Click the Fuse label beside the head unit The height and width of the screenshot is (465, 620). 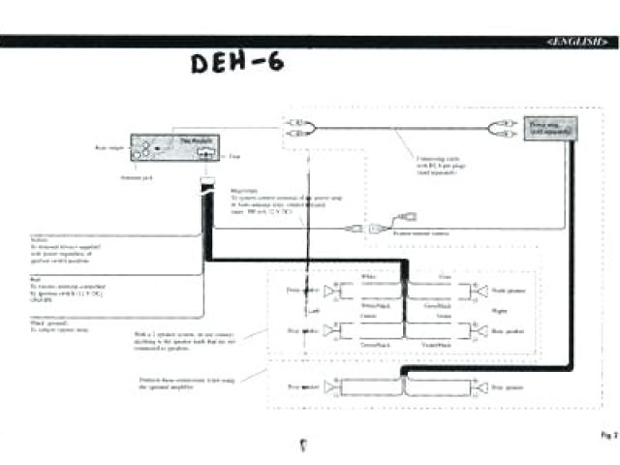pos(234,156)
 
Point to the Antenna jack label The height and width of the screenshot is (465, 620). pos(135,177)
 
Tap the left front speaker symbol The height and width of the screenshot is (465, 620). pos(330,290)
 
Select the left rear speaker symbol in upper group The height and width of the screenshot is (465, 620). pos(330,331)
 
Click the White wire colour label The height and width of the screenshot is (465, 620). pos(369,277)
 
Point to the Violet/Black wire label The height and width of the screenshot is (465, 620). pos(437,345)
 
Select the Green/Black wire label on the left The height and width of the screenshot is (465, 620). pos(374,345)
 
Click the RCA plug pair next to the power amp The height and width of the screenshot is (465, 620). pos(505,128)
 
